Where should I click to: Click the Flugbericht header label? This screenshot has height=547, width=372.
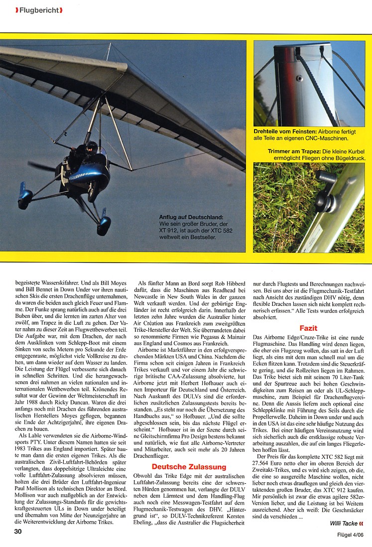coord(38,9)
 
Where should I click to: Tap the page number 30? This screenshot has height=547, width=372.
coord(18,531)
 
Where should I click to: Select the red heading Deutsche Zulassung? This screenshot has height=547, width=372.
coord(182,467)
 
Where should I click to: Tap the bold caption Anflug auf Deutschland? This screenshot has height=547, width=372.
coord(191,217)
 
